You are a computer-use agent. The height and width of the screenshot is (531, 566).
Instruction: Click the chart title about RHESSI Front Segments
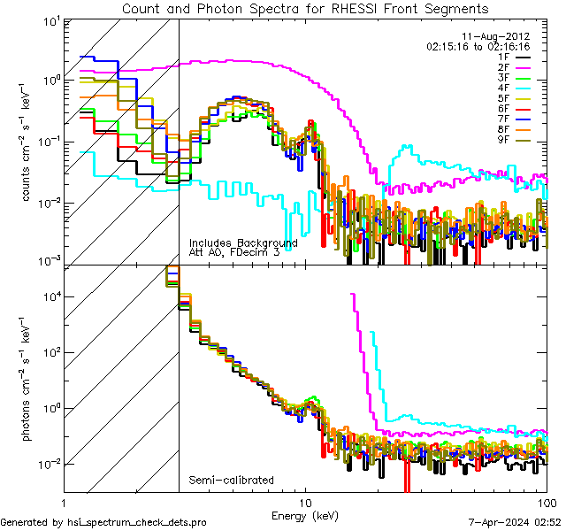pyautogui.click(x=305, y=8)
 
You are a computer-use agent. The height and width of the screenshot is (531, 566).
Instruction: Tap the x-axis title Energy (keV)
pyautogui.click(x=306, y=514)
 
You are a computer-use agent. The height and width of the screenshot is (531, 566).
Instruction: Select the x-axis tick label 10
pyautogui.click(x=305, y=502)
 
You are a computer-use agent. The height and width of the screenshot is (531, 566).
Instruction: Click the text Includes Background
pyautogui.click(x=243, y=242)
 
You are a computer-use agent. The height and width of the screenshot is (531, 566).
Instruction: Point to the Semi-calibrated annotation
pyautogui.click(x=231, y=481)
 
